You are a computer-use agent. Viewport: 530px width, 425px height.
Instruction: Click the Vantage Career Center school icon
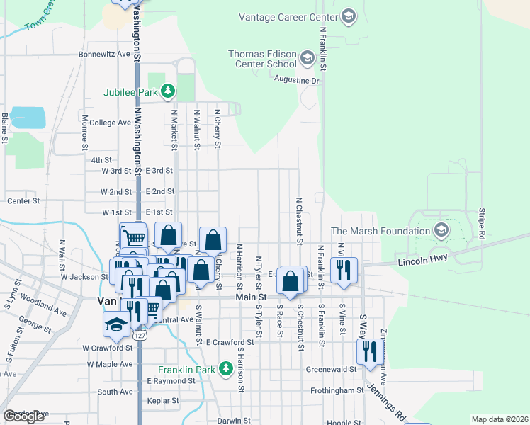[x=348, y=16]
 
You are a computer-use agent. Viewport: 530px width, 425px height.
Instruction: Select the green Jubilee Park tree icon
[x=167, y=91]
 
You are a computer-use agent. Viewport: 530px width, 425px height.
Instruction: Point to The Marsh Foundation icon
[x=441, y=230]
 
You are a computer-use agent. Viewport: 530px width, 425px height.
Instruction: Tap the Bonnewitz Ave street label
[x=105, y=54]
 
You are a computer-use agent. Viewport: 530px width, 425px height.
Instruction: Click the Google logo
[x=23, y=416]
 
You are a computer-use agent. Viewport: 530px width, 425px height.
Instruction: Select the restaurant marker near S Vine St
[x=368, y=352]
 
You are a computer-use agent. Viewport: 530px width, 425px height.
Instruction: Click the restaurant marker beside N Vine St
[x=344, y=270]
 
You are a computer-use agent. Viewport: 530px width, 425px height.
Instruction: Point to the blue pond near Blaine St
[x=28, y=118]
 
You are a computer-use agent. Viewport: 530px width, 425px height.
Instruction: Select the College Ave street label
[x=110, y=123]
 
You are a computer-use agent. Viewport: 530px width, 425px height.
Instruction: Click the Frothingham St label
[x=337, y=390]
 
